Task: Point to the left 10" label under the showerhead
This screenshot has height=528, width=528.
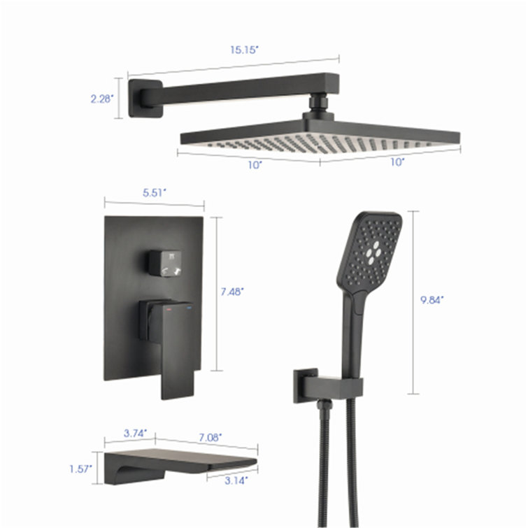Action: (255, 165)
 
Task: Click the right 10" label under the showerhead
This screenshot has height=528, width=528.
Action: (397, 162)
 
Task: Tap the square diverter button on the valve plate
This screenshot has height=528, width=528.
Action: (165, 262)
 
